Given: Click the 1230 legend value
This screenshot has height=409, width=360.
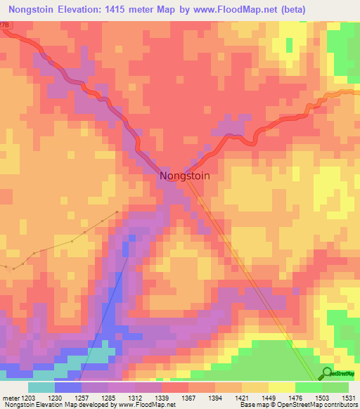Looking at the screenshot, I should coord(67,396).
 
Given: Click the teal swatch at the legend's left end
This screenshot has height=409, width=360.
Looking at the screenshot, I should coord(41,387).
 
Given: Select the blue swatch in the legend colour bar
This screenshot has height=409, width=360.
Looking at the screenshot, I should coord(67,387).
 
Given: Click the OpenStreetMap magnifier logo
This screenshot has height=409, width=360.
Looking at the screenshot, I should coord(327,374).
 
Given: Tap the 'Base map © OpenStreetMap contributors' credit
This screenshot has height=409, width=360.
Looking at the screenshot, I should coord(298,405).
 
